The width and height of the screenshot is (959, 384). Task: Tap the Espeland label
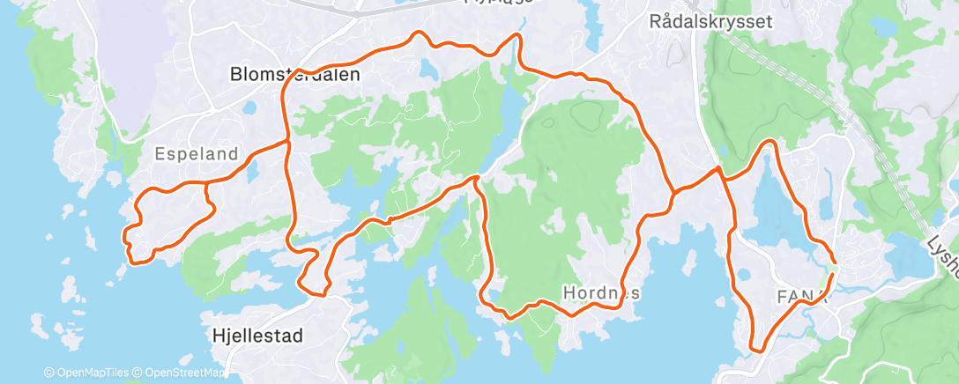tap(196, 154)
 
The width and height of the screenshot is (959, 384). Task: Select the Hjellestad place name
tap(257, 336)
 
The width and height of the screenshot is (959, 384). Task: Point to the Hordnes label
tap(602, 292)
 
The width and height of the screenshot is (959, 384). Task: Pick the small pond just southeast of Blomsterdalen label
tap(249, 108)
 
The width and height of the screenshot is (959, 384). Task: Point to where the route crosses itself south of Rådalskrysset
tap(720, 170)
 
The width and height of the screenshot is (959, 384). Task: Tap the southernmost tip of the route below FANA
tap(756, 349)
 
